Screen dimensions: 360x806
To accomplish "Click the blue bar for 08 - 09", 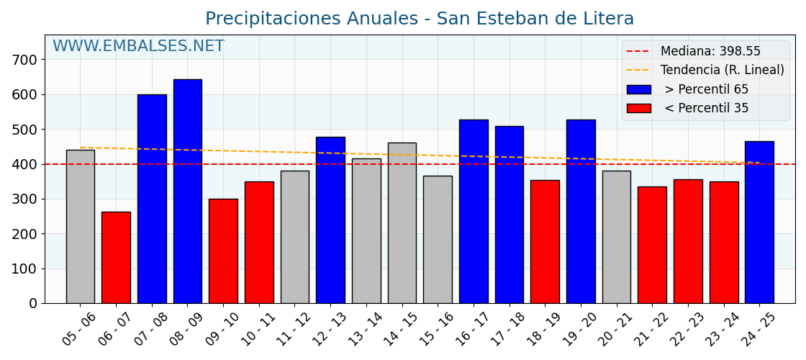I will [187, 191].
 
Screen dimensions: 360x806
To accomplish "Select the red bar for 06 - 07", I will [116, 257].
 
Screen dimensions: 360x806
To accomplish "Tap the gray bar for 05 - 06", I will [80, 226].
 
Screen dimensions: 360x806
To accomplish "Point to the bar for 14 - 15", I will [402, 222].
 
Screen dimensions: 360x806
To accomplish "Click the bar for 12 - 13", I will [330, 220].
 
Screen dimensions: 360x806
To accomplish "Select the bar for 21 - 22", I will [652, 245].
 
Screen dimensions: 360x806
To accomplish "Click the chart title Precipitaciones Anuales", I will [420, 19].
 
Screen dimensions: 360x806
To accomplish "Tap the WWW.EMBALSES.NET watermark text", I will [138, 47].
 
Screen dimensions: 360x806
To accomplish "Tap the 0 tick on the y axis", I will [33, 304].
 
